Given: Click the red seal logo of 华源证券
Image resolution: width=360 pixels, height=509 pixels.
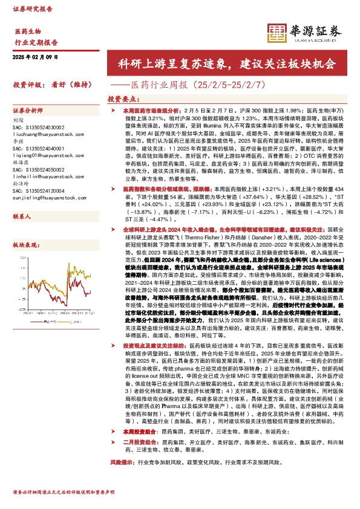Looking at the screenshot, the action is coord(277,32).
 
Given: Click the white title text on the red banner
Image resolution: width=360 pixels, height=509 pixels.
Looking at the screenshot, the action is coord(227,63).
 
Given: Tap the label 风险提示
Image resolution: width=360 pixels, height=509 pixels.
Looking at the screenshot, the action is coord(121,478).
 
